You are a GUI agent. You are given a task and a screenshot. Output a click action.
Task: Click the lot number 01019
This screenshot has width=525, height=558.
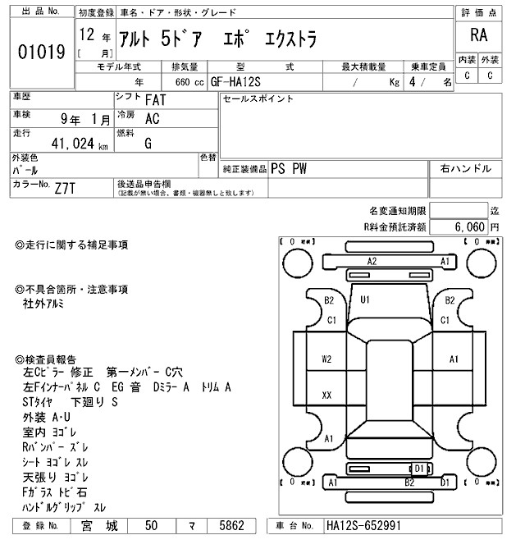(41, 52)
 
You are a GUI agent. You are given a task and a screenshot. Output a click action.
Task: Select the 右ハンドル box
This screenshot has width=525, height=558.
(466, 168)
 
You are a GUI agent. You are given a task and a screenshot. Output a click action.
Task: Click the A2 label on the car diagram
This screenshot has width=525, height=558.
(371, 261)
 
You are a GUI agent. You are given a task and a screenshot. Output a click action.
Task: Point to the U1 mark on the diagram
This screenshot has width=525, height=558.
(366, 300)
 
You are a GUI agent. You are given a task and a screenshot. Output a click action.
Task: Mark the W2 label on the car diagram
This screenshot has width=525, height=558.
(326, 359)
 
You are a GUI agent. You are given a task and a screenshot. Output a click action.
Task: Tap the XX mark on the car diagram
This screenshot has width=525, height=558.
(326, 396)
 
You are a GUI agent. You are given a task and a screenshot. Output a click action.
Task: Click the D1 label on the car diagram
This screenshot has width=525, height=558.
(418, 469)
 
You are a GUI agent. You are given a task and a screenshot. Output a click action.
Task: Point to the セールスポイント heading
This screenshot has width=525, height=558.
(258, 99)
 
